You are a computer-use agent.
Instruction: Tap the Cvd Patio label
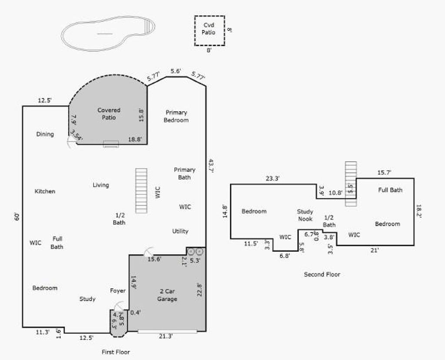coord(209,29)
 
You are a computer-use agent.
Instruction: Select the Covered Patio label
coord(109,113)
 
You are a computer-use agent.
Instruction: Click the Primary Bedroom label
coord(176,116)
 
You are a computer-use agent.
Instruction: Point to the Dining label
coord(45,134)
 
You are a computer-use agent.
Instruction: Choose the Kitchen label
coord(45,191)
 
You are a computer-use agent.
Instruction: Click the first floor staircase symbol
coord(141,191)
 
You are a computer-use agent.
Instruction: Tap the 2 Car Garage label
coord(167,295)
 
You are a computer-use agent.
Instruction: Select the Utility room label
coord(180,231)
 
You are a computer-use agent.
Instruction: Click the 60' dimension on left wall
coord(17,217)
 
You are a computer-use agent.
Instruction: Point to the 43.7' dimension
coord(211,166)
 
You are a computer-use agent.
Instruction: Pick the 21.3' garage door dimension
coord(166,337)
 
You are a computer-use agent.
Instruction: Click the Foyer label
coord(118,291)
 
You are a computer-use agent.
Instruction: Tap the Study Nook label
coord(305,215)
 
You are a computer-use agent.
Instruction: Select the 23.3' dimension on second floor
coord(273,179)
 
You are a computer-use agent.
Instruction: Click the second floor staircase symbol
coord(351,183)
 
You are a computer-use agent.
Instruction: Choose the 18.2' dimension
coord(419,211)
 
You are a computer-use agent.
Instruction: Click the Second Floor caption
coord(322,274)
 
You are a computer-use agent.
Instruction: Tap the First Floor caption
coord(116,352)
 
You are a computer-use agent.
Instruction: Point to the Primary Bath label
coord(184,173)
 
